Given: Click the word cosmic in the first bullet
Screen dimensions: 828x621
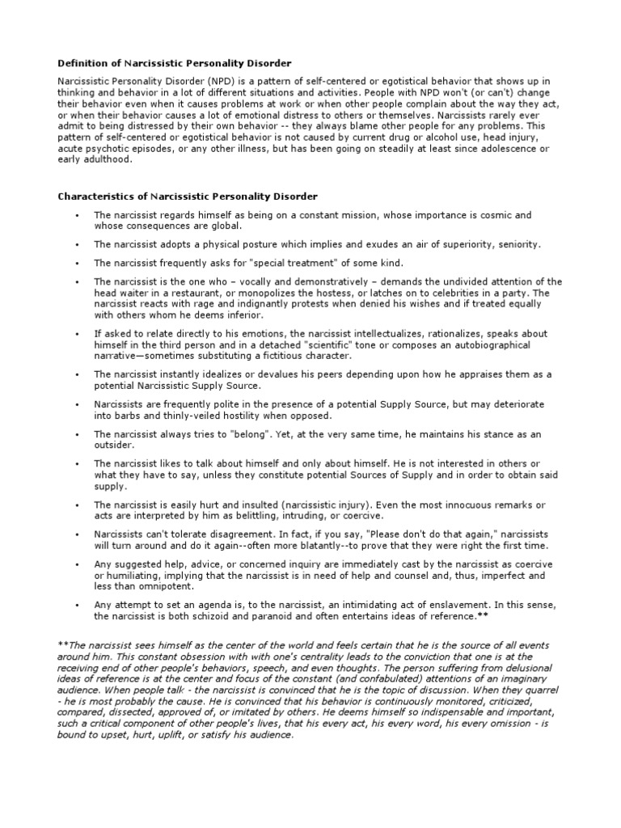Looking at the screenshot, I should [495, 215].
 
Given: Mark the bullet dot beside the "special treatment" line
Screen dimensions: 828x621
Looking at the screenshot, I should [75, 263].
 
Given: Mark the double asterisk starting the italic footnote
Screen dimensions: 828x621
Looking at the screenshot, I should [61, 644].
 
